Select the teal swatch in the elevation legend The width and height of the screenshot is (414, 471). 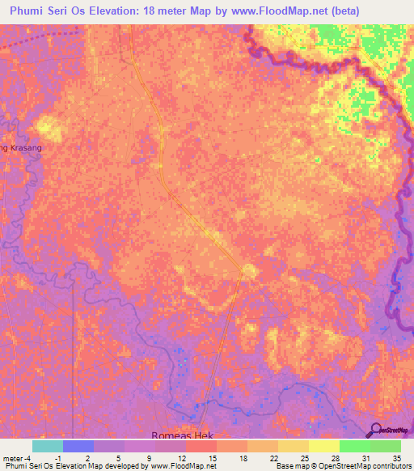coord(48,446)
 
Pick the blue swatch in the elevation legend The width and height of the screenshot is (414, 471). coord(78,446)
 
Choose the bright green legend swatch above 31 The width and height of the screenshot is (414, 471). coord(354,446)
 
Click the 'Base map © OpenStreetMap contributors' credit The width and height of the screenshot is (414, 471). coord(342,466)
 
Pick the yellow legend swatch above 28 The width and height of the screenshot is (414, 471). coord(323,446)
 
